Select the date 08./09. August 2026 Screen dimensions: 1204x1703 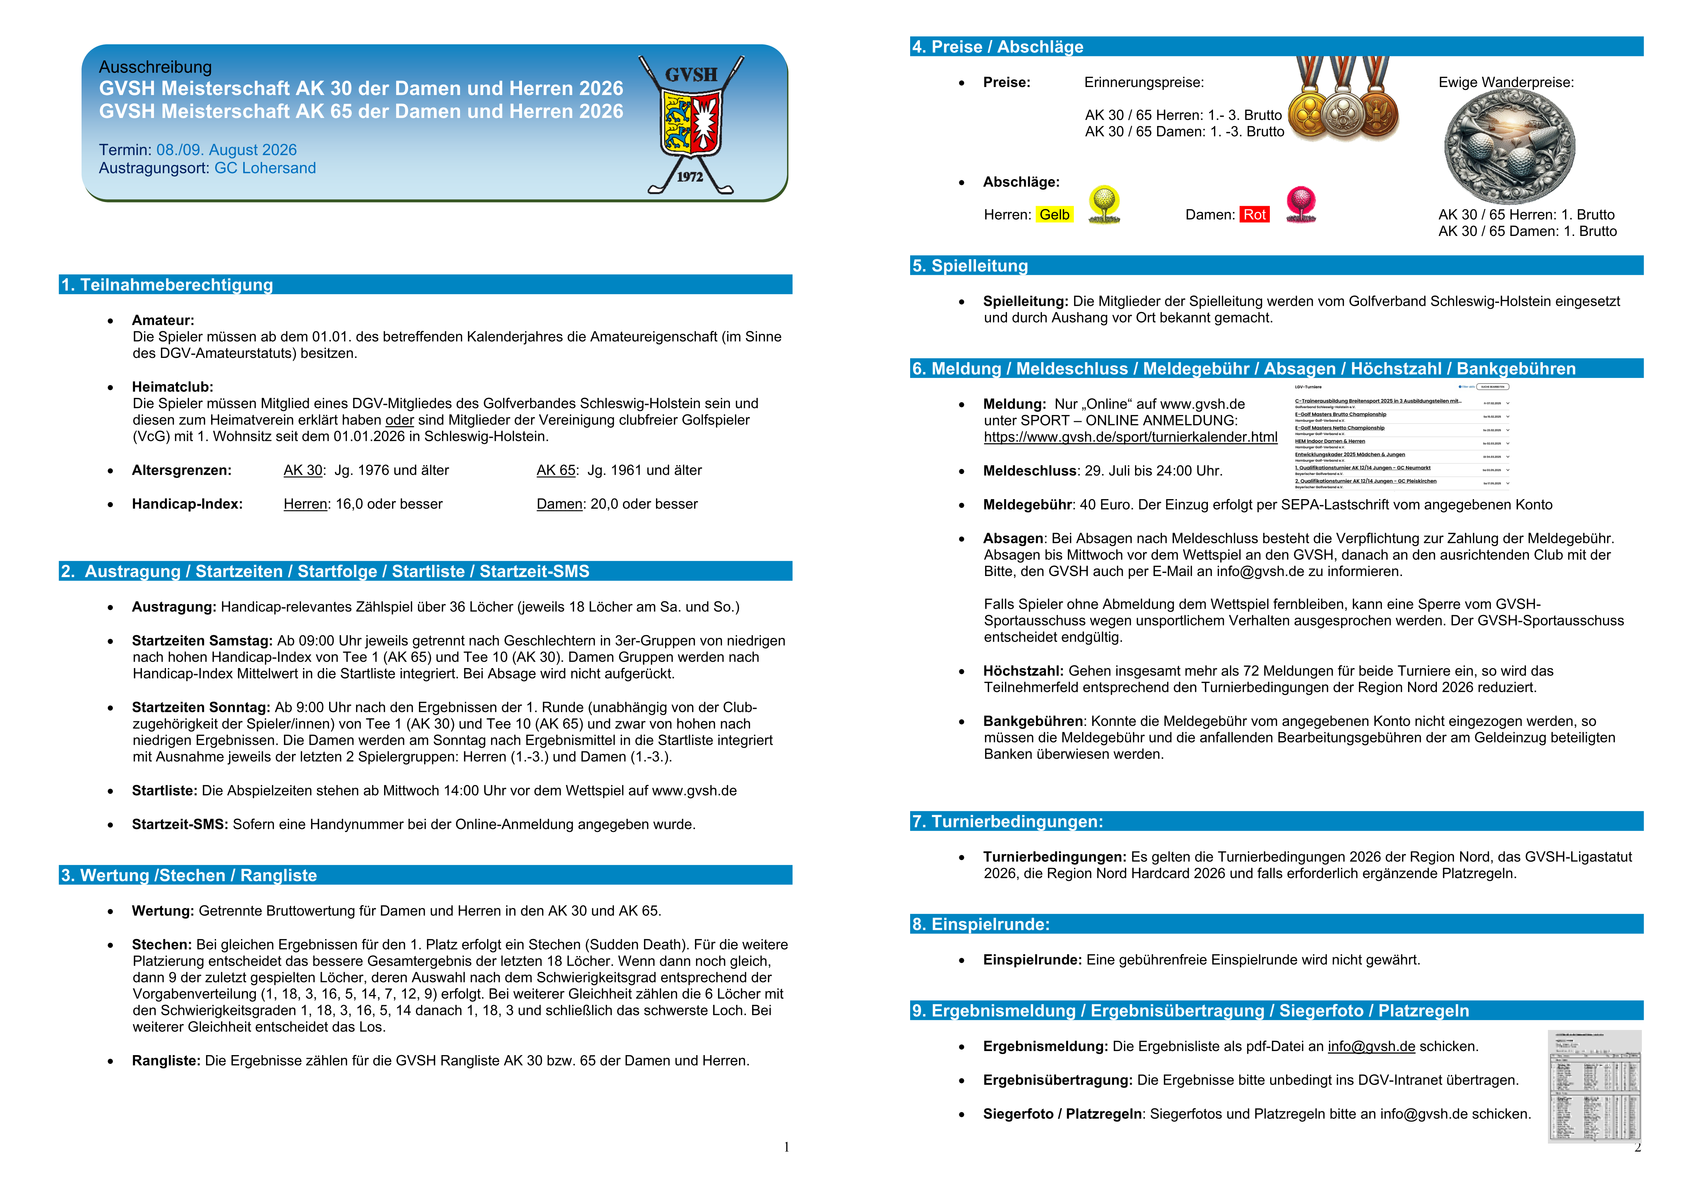pyautogui.click(x=226, y=150)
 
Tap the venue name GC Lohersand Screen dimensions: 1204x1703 pyautogui.click(x=265, y=169)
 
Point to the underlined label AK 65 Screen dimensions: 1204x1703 pyautogui.click(x=556, y=470)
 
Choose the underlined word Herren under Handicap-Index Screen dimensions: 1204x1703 pyautogui.click(x=305, y=505)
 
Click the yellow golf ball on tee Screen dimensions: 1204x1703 pyautogui.click(x=1104, y=204)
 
